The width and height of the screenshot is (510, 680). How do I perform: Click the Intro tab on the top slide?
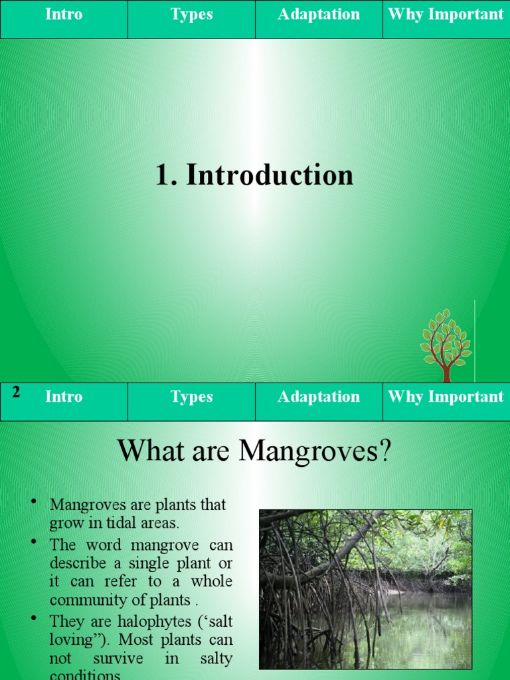(64, 15)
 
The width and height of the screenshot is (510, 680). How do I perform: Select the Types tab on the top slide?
(191, 15)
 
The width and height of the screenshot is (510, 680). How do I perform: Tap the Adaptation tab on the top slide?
(319, 15)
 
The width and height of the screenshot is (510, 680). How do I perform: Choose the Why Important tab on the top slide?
(446, 15)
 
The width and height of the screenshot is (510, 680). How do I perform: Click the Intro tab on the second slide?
(64, 397)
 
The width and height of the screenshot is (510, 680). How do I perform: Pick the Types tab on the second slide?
(191, 397)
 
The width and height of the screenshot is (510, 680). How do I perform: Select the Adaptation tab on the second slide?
(319, 397)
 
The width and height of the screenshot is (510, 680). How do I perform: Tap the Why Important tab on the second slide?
(446, 397)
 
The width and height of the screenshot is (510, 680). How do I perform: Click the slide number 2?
(16, 392)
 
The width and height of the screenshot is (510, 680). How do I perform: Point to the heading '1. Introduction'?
(254, 175)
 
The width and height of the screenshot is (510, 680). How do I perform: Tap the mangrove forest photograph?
(365, 589)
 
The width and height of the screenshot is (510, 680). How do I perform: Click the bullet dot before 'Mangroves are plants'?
(33, 501)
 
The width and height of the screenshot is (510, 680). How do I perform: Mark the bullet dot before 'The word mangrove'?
(33, 542)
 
